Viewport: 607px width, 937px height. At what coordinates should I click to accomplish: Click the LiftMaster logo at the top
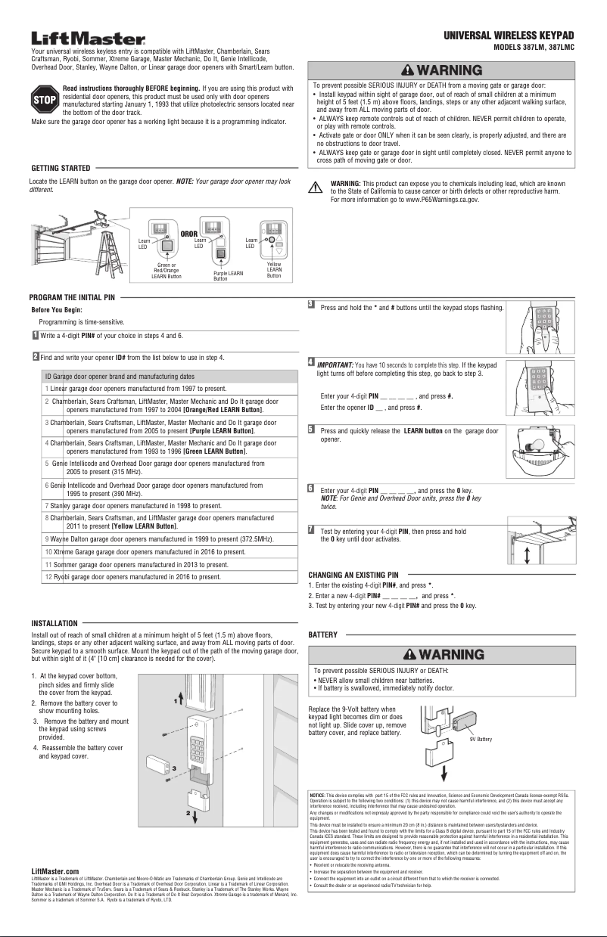(x=88, y=38)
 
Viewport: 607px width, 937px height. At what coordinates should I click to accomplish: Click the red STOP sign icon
(x=44, y=99)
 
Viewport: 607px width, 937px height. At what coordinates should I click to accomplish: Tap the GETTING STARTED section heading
(x=61, y=167)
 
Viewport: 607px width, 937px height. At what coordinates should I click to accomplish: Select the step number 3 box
(x=311, y=305)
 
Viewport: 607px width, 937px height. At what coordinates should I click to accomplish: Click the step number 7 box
(x=311, y=529)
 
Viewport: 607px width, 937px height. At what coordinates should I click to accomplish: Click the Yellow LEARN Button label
(x=274, y=270)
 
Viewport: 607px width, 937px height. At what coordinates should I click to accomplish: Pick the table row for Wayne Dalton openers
(x=159, y=539)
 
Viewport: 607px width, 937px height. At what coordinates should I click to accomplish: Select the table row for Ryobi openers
(x=159, y=577)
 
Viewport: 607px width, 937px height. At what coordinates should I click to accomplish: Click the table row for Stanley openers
(x=159, y=504)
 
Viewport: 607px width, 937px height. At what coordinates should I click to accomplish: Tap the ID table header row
(x=159, y=376)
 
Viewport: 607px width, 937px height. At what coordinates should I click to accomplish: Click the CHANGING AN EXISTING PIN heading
(x=353, y=575)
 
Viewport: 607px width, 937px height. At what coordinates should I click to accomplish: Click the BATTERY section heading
(x=323, y=634)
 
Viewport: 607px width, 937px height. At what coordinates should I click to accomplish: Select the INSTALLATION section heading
(x=54, y=623)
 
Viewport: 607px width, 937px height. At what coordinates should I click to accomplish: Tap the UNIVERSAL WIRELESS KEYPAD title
(x=509, y=36)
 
